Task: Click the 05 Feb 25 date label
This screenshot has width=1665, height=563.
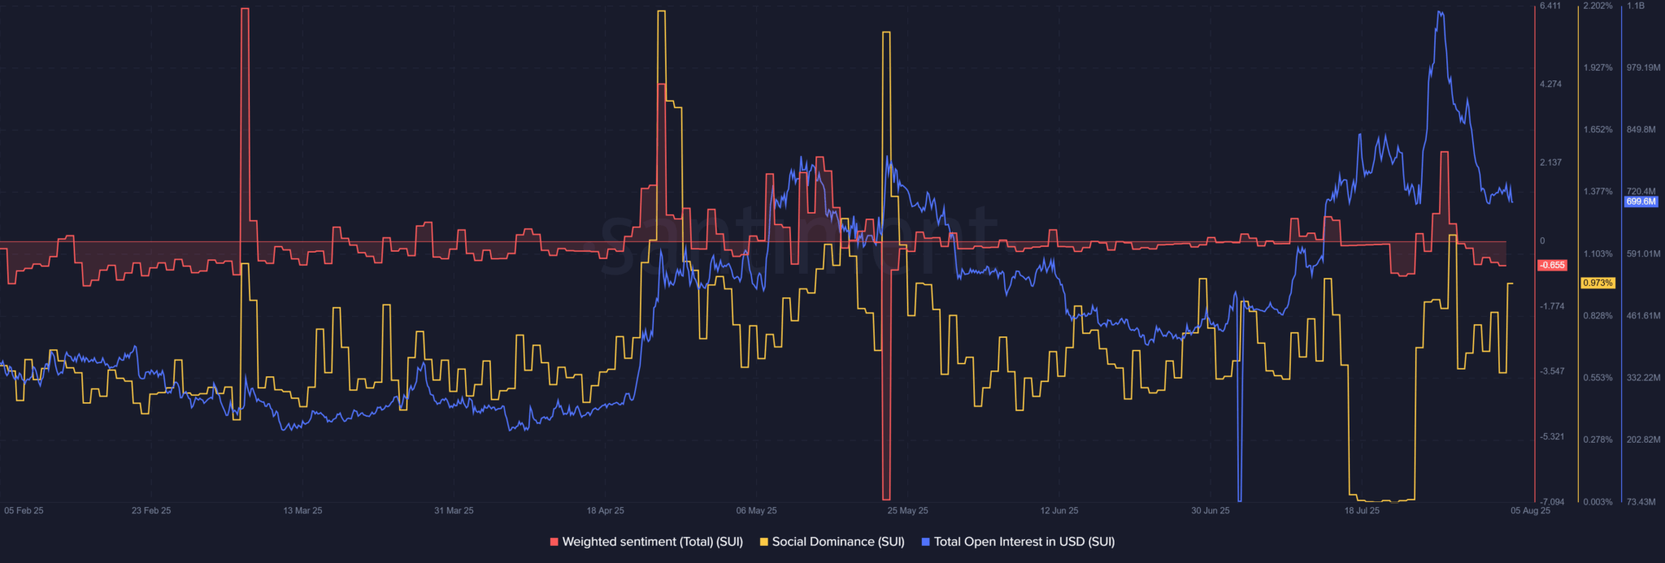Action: (24, 511)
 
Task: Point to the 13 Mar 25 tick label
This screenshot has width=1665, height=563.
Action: (302, 511)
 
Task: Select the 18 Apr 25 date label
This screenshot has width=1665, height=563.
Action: (606, 511)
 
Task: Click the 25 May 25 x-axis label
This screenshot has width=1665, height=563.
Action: (907, 511)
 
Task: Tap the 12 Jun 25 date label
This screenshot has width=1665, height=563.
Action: (1059, 511)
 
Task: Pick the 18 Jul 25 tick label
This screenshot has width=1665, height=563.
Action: (1362, 511)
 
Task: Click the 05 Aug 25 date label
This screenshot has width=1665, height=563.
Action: (1530, 511)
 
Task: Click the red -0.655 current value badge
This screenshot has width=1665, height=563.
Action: (1552, 266)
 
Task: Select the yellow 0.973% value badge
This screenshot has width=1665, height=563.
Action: (1598, 284)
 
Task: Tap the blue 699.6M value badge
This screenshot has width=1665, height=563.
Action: (1641, 201)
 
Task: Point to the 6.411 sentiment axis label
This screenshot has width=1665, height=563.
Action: (1550, 6)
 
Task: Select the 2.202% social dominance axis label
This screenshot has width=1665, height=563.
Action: (1598, 6)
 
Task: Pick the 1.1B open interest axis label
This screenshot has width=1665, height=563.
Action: (1635, 6)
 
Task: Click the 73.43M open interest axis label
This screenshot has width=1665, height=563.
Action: (1641, 502)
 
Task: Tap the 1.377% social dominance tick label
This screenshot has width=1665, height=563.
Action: (1598, 192)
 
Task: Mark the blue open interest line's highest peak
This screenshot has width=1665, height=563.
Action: (1440, 12)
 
